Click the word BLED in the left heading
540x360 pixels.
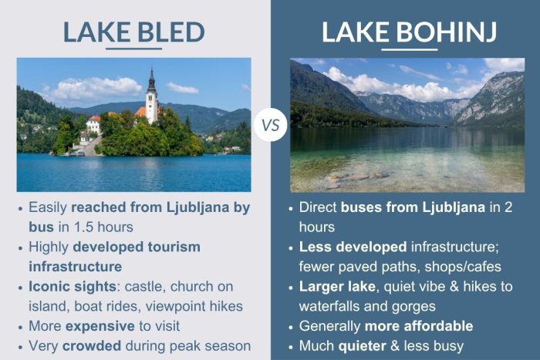click(170, 32)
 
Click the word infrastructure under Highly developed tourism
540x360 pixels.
click(75, 266)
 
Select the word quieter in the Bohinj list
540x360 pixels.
click(365, 345)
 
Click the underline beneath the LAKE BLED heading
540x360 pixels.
click(133, 49)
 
